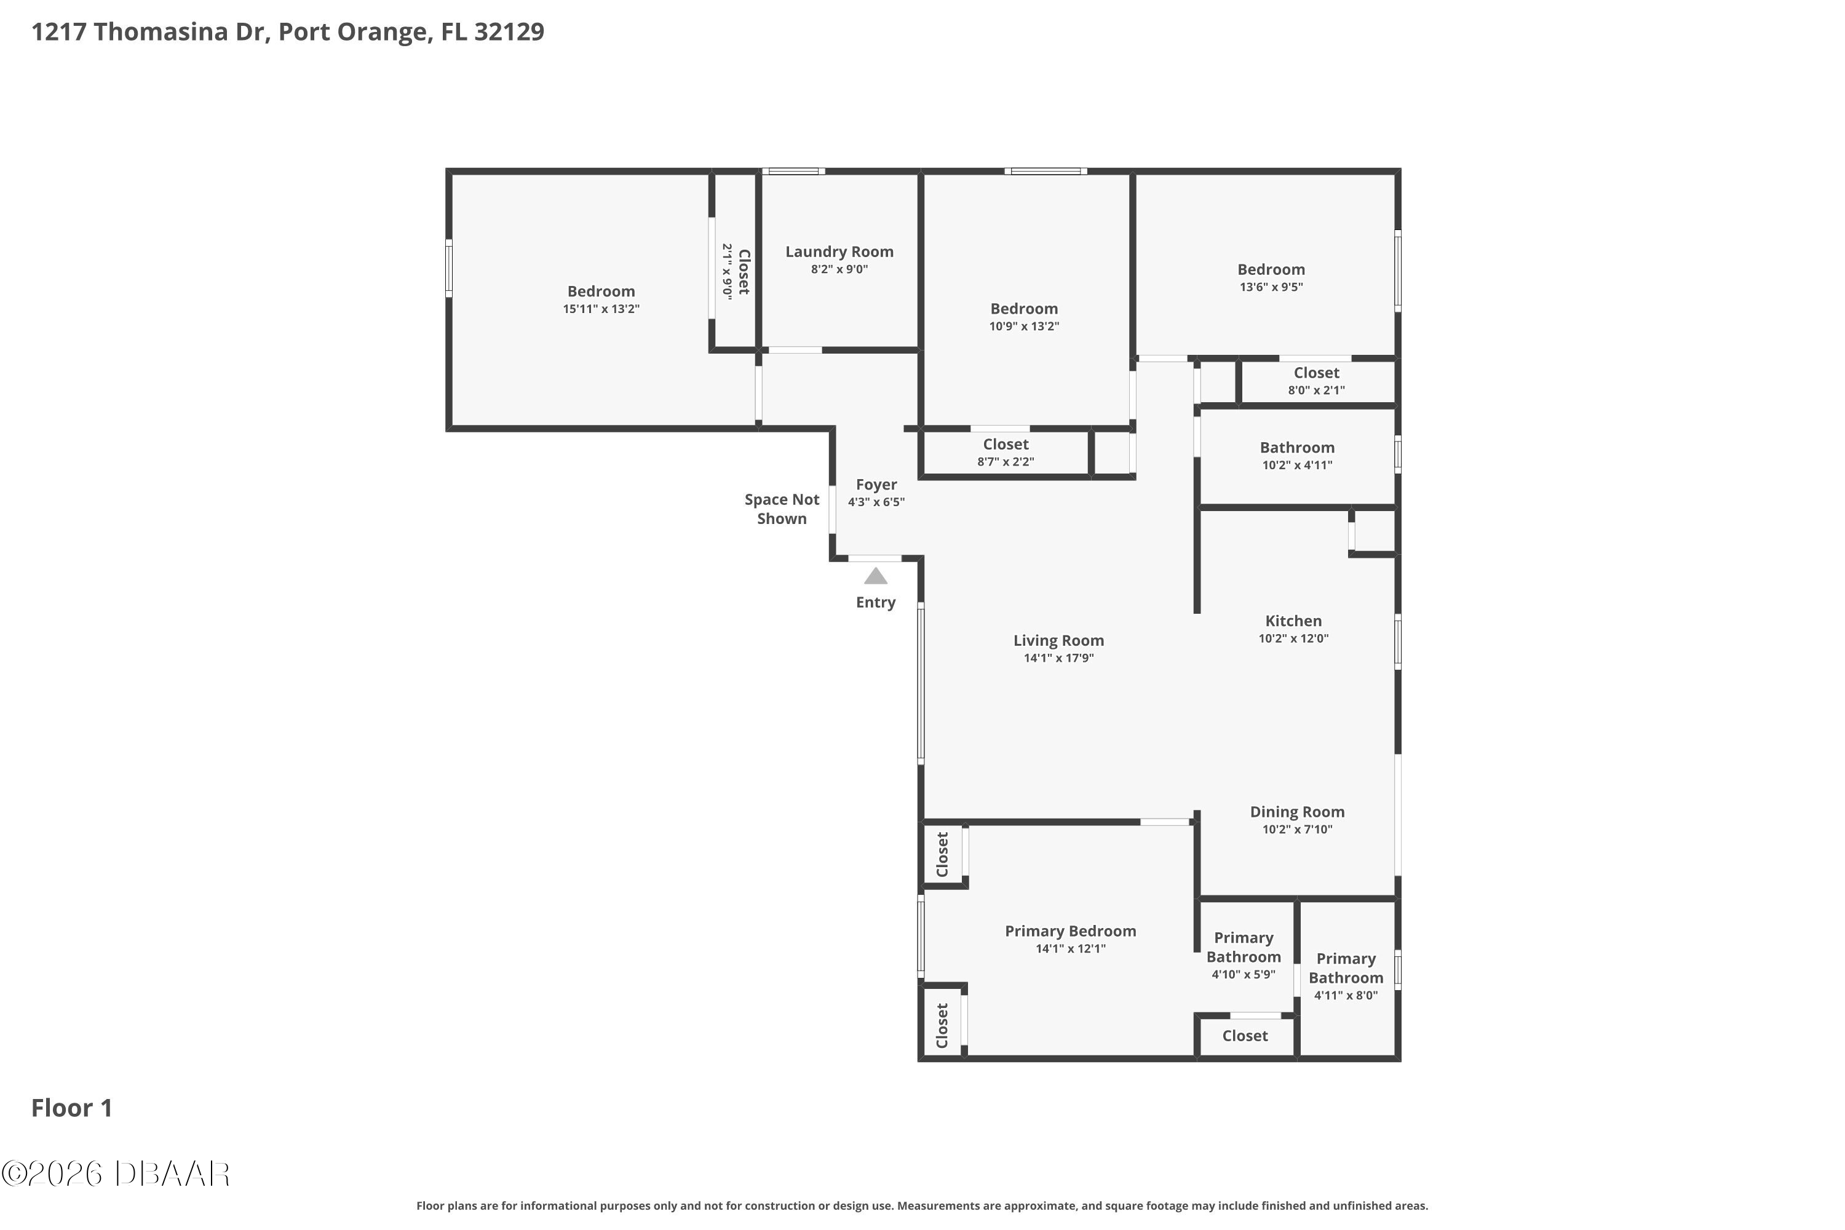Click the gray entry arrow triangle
click(x=875, y=577)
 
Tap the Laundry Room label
click(x=839, y=252)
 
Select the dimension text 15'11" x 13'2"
click(x=601, y=309)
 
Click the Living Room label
click(x=1058, y=641)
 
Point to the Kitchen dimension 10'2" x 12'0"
click(x=1293, y=638)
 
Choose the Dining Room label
click(x=1296, y=812)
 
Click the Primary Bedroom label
click(x=1070, y=931)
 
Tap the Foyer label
click(x=876, y=485)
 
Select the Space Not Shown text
click(x=781, y=509)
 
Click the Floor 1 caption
click(x=71, y=1108)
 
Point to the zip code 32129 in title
click(x=509, y=31)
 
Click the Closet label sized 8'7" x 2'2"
click(x=1006, y=445)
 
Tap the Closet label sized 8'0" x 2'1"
click(x=1316, y=373)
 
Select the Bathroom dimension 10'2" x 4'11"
click(x=1296, y=465)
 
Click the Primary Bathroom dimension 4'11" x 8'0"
click(x=1346, y=996)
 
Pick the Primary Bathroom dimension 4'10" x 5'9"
click(x=1244, y=974)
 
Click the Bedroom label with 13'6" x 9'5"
click(x=1271, y=270)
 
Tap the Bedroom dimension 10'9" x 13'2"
click(x=1024, y=327)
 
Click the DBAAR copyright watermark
click(x=116, y=1174)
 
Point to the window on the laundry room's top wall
click(x=793, y=171)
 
